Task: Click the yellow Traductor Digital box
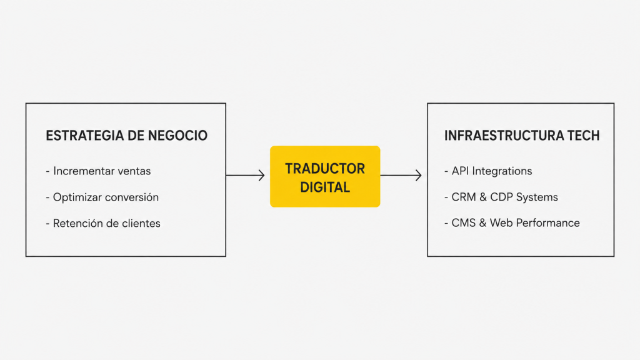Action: point(325,176)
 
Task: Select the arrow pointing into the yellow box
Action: point(245,176)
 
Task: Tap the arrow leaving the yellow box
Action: point(401,176)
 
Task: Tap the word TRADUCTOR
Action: point(325,169)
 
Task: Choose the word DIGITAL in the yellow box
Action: point(325,187)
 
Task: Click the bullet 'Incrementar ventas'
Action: point(98,171)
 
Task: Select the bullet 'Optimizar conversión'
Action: point(102,197)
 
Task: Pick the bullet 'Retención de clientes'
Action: point(103,223)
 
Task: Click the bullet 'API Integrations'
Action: point(488,171)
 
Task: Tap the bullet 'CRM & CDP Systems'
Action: point(501,197)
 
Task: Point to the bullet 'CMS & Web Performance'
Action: point(512,223)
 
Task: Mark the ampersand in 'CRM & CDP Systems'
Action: point(483,197)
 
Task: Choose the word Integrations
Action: point(502,171)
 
